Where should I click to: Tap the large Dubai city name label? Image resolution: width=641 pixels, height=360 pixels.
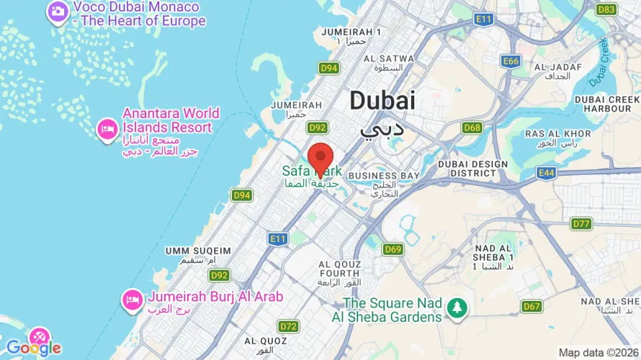382,101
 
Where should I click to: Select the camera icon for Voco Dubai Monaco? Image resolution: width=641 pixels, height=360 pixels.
57,12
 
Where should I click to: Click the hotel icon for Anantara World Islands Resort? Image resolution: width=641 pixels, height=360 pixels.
107,129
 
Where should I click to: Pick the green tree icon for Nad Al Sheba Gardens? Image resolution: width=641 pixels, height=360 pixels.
456,308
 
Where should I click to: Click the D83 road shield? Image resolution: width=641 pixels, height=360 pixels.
607,9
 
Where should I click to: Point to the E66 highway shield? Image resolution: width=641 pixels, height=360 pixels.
511,61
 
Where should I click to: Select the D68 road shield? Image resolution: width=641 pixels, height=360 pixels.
472,127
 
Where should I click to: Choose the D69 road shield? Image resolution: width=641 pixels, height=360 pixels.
393,250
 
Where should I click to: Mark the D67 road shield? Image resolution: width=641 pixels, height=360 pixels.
532,306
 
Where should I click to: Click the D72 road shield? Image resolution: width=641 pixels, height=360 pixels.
289,326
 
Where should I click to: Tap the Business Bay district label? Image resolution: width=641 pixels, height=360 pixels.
382,176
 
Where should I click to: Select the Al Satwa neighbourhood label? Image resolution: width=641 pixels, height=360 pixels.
389,58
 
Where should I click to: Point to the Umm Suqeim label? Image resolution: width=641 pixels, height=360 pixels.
198,251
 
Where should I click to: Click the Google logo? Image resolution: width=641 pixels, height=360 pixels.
34,348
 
